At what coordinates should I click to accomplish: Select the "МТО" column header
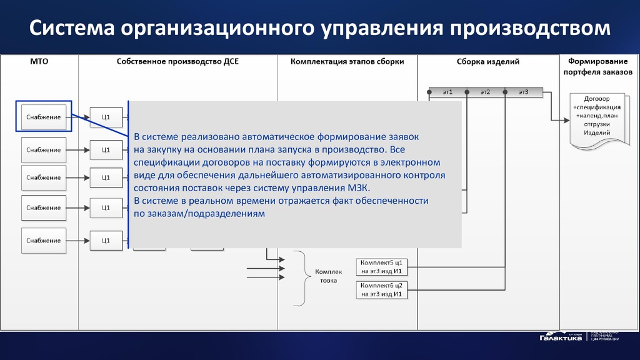click(x=39, y=62)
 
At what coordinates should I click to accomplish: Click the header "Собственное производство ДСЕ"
click(x=177, y=62)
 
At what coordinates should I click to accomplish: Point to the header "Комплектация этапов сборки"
click(x=347, y=62)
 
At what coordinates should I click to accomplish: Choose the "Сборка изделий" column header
click(x=488, y=62)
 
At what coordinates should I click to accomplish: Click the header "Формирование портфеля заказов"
click(x=598, y=66)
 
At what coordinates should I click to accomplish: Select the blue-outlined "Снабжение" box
click(x=44, y=117)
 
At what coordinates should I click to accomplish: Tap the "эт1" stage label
click(x=447, y=92)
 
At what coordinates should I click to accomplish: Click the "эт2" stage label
click(x=485, y=92)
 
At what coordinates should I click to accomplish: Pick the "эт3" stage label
click(x=523, y=92)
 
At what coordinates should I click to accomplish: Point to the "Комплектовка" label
click(x=329, y=276)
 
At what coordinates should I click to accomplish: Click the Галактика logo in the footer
click(x=561, y=337)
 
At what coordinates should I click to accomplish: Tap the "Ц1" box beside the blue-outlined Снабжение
click(x=106, y=117)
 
